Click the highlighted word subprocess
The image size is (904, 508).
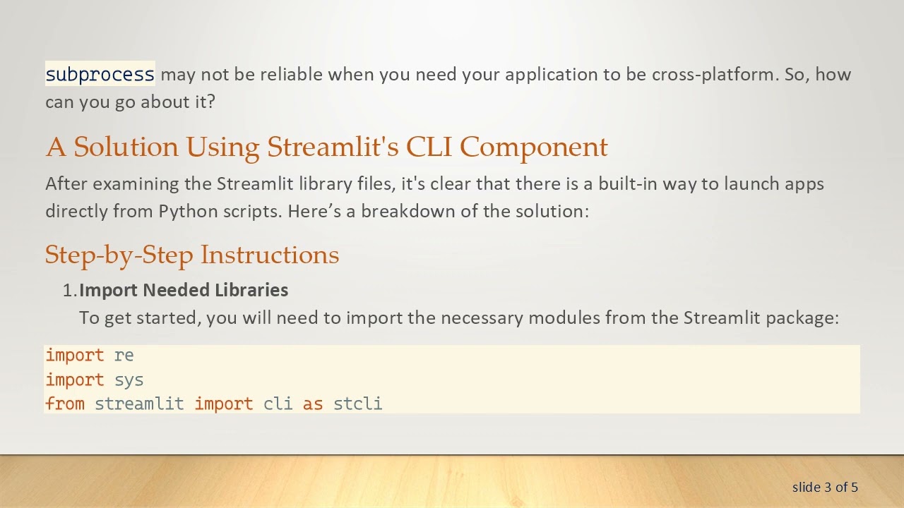click(x=100, y=74)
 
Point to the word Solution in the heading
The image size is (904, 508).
click(x=126, y=147)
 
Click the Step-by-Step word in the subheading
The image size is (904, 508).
click(x=119, y=255)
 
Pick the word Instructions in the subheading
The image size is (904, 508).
click(x=270, y=255)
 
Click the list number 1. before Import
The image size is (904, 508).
click(x=69, y=290)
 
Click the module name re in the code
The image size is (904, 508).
click(x=124, y=356)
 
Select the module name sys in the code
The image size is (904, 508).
click(x=129, y=380)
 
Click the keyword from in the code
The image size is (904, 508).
click(x=65, y=404)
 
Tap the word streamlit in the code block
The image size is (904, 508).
click(x=139, y=404)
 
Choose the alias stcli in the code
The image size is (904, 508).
click(x=357, y=404)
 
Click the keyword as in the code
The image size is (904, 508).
click(x=313, y=404)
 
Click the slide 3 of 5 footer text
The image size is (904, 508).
click(x=825, y=487)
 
